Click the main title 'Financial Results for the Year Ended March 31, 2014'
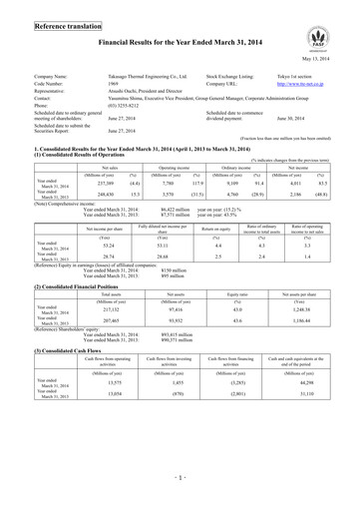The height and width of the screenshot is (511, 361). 180,39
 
